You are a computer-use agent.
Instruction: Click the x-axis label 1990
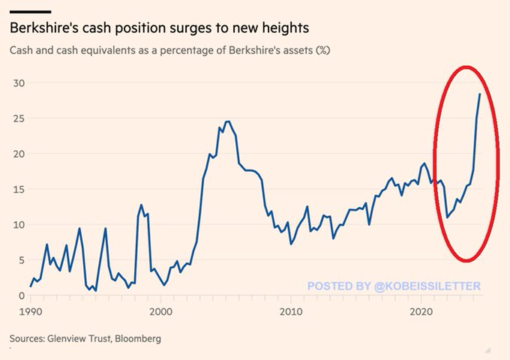[x=30, y=310]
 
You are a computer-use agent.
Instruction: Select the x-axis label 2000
[x=160, y=310]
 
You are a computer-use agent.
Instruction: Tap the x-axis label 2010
[x=291, y=310]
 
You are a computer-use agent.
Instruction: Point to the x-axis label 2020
[x=421, y=310]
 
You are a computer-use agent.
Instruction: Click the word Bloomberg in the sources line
[x=136, y=339]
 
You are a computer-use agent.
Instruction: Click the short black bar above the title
[x=30, y=11]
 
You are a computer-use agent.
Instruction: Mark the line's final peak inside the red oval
[x=479, y=94]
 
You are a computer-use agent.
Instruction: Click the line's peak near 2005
[x=227, y=121]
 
